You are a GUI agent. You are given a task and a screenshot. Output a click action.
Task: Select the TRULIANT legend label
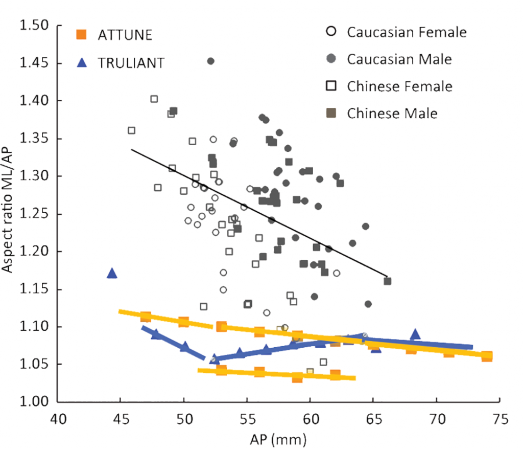[131, 62]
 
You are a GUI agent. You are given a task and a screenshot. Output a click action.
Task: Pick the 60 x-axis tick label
[310, 420]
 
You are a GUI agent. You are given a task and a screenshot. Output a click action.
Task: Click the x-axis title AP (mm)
[278, 439]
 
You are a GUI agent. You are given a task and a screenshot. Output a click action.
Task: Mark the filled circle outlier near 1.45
[210, 61]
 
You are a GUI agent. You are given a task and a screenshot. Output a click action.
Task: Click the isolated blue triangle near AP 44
[112, 274]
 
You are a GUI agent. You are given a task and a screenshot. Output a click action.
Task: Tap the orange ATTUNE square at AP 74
[487, 356]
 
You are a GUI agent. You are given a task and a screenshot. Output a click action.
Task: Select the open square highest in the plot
[154, 99]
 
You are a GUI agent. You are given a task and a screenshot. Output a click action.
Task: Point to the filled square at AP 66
[388, 281]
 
